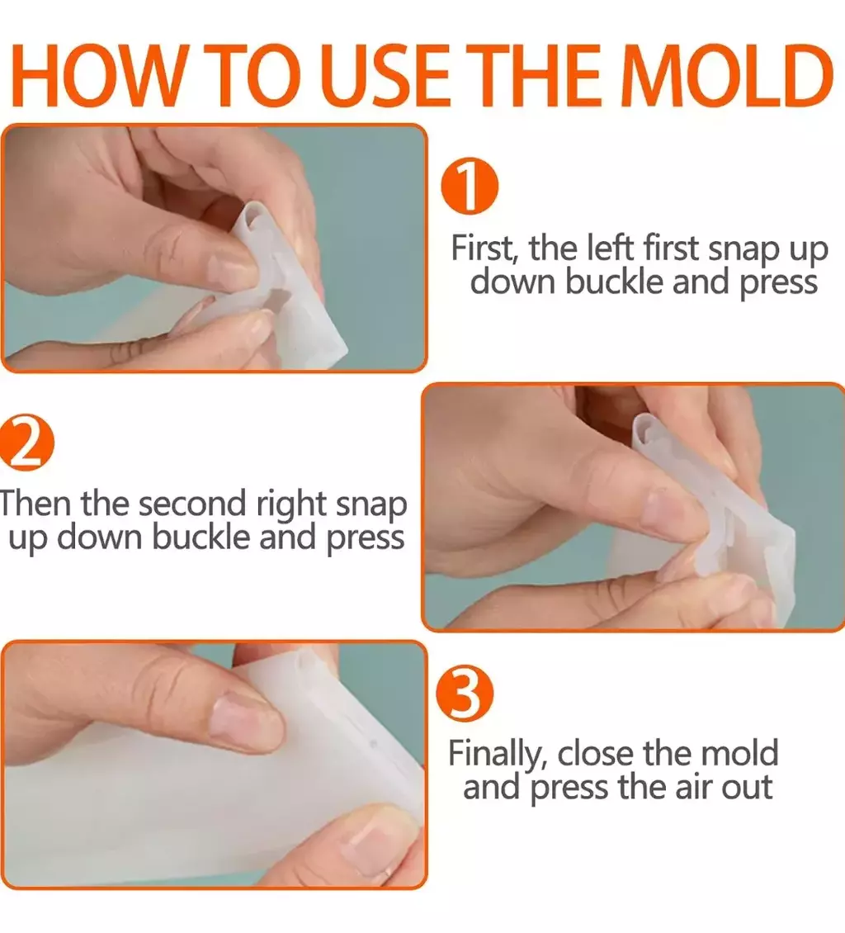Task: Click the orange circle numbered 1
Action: (470, 186)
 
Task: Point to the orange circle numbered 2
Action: (26, 443)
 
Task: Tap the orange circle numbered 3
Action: (465, 694)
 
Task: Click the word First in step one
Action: (483, 248)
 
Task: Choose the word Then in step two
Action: (35, 503)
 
